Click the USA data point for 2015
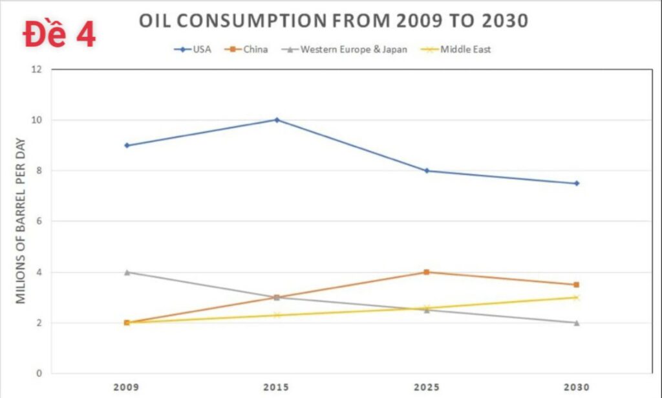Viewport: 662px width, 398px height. [x=277, y=120]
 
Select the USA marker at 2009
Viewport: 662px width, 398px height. [x=127, y=145]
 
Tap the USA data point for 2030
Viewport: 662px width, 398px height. [x=577, y=183]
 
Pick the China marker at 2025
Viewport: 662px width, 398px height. [x=427, y=272]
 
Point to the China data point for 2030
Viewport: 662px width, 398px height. [x=577, y=285]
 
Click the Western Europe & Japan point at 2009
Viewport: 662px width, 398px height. [x=127, y=272]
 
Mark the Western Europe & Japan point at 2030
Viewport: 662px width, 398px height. [x=577, y=322]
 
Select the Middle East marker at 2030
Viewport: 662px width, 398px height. [x=577, y=298]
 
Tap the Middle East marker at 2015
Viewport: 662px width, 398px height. [x=277, y=315]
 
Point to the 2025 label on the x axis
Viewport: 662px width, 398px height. [x=427, y=387]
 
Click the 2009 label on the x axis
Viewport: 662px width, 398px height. [x=127, y=387]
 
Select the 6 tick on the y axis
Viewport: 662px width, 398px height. [x=39, y=221]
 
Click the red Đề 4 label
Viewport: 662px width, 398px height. [x=59, y=35]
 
